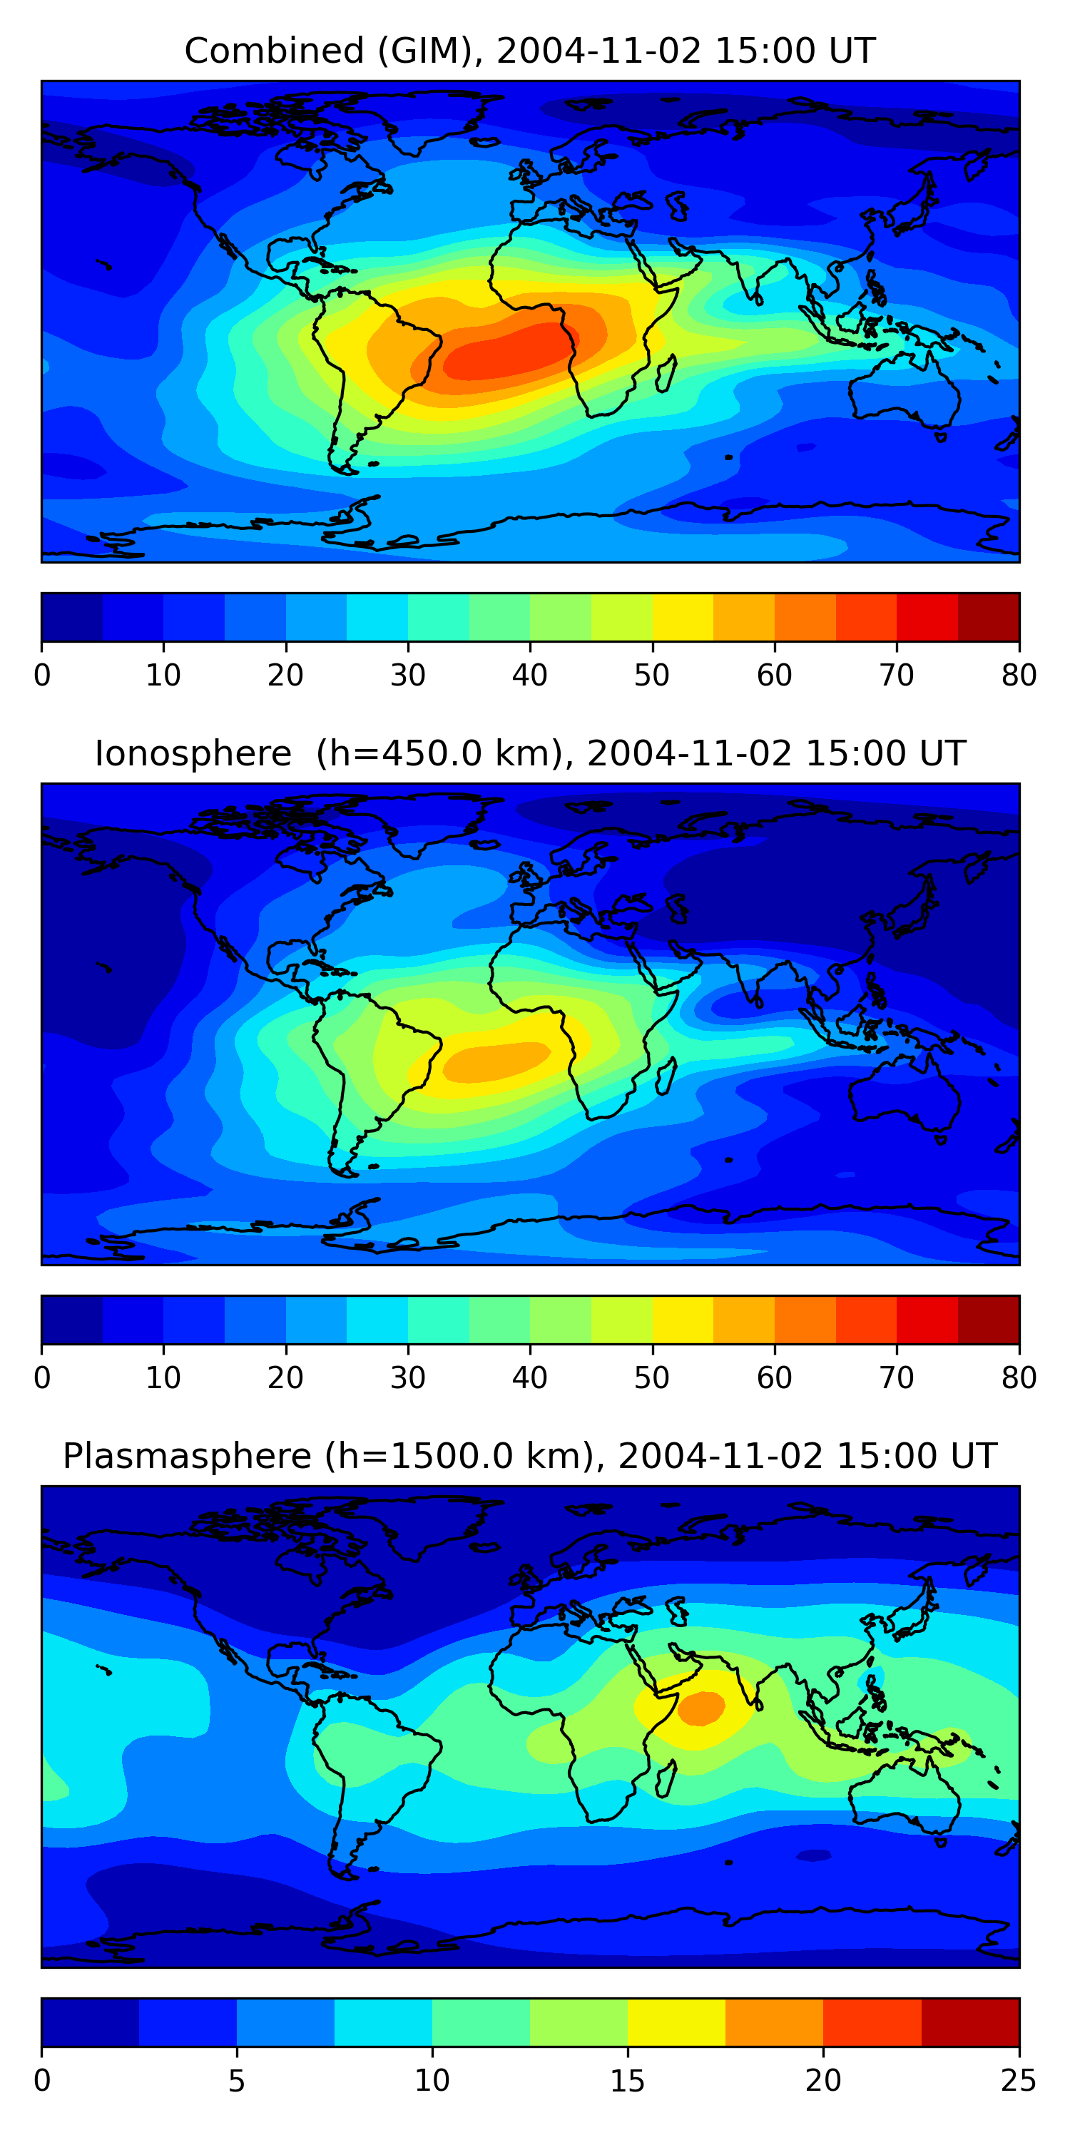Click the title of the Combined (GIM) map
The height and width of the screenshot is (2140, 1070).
pos(530,51)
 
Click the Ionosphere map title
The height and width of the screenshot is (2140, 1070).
pos(530,753)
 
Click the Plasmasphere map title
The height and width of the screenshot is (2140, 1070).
pos(530,1457)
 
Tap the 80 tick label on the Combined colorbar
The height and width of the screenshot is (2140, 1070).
pos(1019,676)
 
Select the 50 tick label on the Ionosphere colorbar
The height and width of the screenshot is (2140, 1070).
pos(652,1378)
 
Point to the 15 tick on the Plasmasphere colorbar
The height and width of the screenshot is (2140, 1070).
pos(627,2081)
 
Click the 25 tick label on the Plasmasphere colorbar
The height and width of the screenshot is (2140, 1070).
pos(1019,2081)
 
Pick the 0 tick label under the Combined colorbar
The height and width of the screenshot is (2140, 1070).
pos(42,676)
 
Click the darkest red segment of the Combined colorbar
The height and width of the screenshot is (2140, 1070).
pos(989,617)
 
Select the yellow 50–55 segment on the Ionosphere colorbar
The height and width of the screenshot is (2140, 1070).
pos(683,1320)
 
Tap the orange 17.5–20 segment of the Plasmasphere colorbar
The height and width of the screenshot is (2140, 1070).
pos(774,2023)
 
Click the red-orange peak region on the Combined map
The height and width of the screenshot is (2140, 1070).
pos(506,353)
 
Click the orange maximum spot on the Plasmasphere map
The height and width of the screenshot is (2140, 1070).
pos(700,1708)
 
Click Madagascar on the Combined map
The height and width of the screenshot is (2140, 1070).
pos(666,374)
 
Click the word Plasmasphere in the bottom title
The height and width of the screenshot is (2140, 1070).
pos(187,1457)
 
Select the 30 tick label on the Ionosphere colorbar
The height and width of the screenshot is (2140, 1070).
pos(408,1378)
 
